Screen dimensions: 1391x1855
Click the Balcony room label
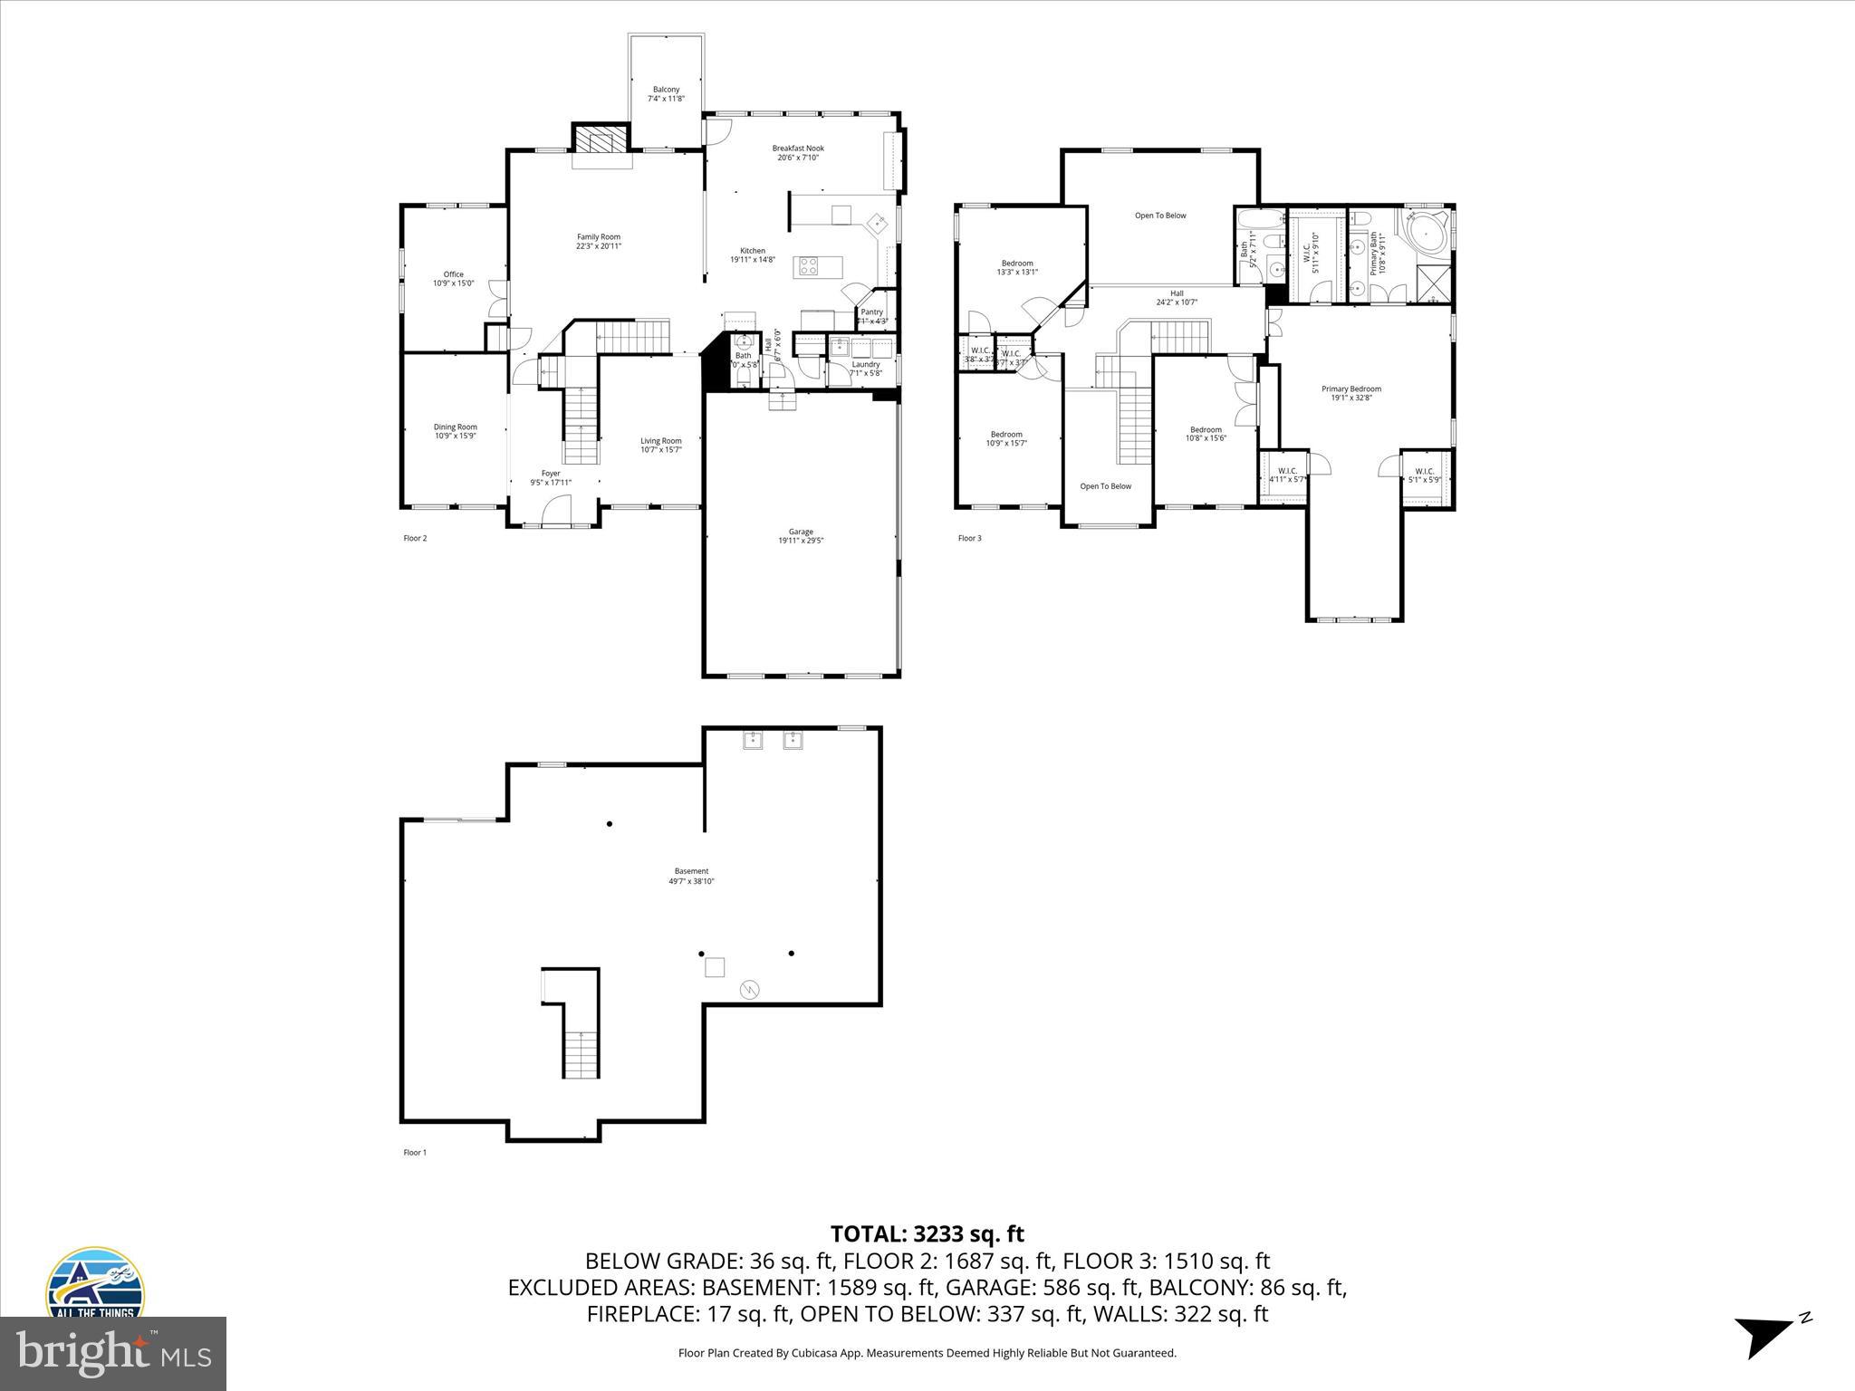[x=666, y=90]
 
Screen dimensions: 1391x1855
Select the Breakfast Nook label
[x=798, y=149]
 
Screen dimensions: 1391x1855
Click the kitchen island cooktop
[x=808, y=266]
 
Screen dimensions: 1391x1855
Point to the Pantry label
[x=871, y=312]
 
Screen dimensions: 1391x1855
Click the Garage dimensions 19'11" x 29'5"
[x=801, y=541]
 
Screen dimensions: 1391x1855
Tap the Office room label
[x=453, y=274]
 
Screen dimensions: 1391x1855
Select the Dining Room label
[x=455, y=427]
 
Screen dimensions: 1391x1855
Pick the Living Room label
[x=661, y=441]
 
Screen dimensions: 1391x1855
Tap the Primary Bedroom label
[x=1350, y=389]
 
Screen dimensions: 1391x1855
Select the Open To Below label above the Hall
[x=1160, y=216]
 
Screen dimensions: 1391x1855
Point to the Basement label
[x=691, y=871]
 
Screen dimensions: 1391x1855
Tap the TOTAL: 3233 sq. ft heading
[x=927, y=1233]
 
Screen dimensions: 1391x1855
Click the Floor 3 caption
[x=969, y=538]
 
